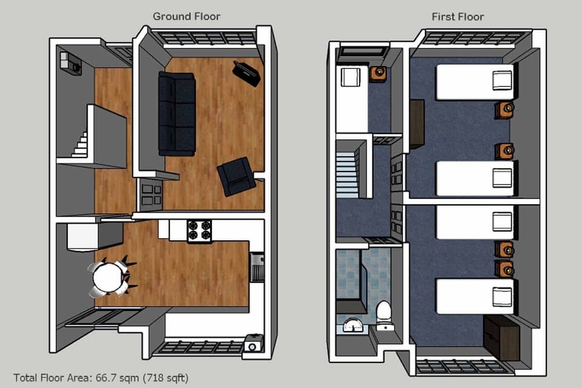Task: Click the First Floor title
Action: pos(458,16)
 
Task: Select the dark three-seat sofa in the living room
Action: pos(177,113)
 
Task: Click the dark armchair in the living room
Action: pos(236,176)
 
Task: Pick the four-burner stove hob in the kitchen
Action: pos(199,230)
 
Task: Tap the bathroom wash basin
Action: pos(349,326)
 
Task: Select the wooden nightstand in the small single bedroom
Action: pos(378,74)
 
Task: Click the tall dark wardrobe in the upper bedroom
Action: pos(416,124)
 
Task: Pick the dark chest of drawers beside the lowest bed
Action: pos(501,332)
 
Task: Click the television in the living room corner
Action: pos(247,73)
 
